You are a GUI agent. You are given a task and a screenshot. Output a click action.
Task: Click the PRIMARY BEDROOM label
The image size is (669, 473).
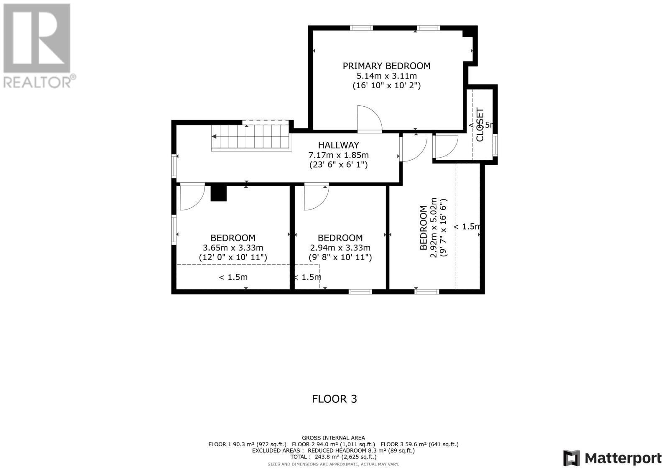(386, 66)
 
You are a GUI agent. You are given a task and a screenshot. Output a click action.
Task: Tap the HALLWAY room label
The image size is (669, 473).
(338, 145)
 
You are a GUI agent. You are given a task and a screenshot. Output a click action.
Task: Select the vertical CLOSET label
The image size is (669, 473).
(480, 125)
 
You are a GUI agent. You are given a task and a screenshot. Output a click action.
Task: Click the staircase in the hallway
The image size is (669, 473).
(251, 137)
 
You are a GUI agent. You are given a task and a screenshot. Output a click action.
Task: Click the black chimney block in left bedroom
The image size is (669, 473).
(218, 193)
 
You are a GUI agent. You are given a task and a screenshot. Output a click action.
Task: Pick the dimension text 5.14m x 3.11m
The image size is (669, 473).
(386, 76)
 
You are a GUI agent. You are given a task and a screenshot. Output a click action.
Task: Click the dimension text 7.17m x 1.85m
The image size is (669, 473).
(338, 155)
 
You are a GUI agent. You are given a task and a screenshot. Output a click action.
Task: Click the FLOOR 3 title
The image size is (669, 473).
(334, 399)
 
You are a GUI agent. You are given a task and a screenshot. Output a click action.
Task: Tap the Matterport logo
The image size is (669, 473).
(612, 458)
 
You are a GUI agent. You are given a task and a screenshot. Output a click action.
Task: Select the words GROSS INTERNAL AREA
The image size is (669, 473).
(333, 438)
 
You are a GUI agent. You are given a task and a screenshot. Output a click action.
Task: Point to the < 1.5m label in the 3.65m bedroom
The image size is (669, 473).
(233, 277)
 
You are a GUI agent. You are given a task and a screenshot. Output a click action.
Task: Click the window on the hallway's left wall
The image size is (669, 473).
(174, 166)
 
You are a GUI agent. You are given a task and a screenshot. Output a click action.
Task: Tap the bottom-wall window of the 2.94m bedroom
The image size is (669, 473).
(360, 291)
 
